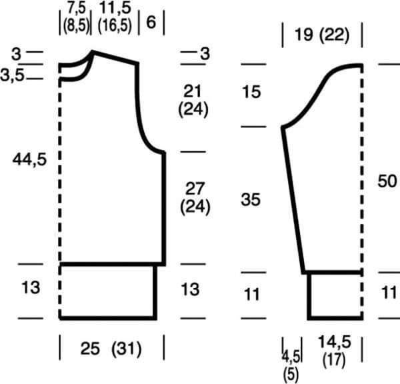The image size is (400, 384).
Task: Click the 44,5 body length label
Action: [29, 160]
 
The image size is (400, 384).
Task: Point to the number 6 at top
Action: [151, 22]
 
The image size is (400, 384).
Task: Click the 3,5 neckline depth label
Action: [12, 75]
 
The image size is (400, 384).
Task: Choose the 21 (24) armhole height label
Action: [193, 101]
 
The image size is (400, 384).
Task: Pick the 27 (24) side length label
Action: [195, 198]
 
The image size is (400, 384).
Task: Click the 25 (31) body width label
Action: [111, 349]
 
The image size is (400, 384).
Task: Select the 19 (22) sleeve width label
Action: [322, 35]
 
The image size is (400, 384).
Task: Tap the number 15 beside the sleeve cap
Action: [251, 92]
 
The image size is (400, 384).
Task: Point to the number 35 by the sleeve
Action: [251, 199]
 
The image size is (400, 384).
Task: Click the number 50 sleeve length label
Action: [387, 181]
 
